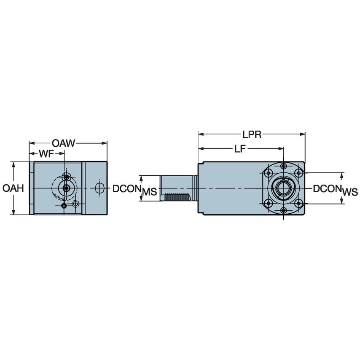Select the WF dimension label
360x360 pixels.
coord(46,154)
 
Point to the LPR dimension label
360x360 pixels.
coord(252,134)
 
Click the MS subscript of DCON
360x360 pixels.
coord(149,192)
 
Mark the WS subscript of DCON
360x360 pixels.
coord(349,192)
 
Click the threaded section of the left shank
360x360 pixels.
coord(178,197)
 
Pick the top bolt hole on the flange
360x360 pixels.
coord(284,166)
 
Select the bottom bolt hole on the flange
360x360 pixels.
coord(284,210)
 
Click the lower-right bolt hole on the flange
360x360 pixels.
coord(299,204)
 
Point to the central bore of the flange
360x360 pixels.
coord(284,188)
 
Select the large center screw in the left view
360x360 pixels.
coord(66,188)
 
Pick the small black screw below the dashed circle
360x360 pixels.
coord(64,205)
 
